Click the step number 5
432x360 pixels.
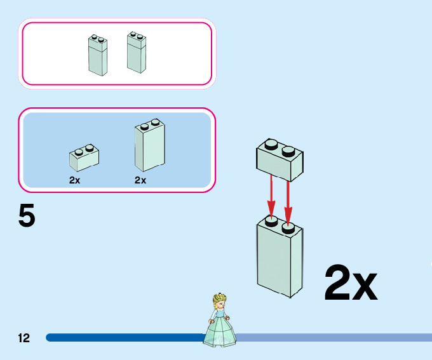(x=27, y=216)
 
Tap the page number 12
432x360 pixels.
(x=24, y=338)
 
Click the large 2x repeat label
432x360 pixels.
(x=351, y=283)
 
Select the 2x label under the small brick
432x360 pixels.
(x=75, y=180)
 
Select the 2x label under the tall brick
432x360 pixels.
(x=140, y=180)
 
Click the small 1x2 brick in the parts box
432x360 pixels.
(x=84, y=159)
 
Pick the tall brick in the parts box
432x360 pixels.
(x=149, y=147)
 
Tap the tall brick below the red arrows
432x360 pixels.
(x=280, y=257)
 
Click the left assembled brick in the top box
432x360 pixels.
(x=98, y=56)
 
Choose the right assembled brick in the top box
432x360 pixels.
(x=137, y=53)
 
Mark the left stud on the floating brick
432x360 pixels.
(x=271, y=147)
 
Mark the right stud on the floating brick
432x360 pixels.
(x=288, y=151)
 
